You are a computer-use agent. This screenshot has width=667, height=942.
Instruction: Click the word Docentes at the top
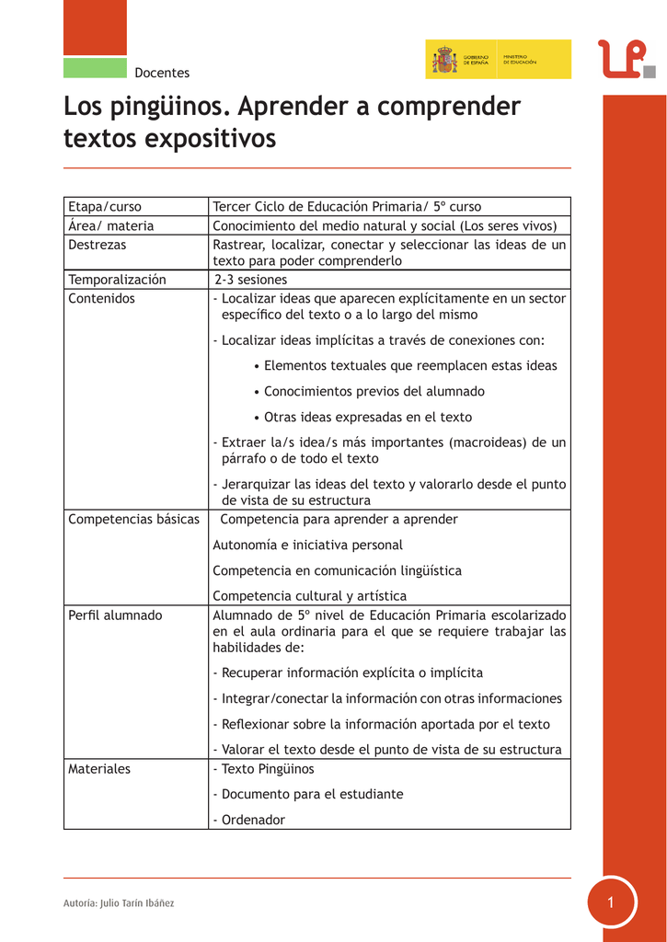pyautogui.click(x=162, y=73)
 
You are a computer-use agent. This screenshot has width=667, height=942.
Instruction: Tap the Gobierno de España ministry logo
pyautogui.click(x=498, y=60)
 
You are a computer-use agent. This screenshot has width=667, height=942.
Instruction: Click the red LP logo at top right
pyautogui.click(x=626, y=59)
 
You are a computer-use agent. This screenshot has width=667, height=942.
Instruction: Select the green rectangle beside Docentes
pyautogui.click(x=95, y=68)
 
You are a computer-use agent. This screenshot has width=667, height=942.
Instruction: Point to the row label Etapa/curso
pyautogui.click(x=105, y=206)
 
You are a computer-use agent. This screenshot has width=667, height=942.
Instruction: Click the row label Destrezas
pyautogui.click(x=98, y=245)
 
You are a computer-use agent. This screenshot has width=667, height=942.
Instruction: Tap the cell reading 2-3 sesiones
pyautogui.click(x=250, y=280)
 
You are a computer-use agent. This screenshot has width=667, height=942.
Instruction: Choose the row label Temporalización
pyautogui.click(x=117, y=280)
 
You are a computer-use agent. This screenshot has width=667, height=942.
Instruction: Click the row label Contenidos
pyautogui.click(x=101, y=298)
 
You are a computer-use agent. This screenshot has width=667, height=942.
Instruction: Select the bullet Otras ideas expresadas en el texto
pyautogui.click(x=367, y=417)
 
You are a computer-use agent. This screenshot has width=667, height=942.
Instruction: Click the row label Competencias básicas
pyautogui.click(x=133, y=519)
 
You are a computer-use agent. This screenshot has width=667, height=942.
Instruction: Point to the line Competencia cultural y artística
pyautogui.click(x=309, y=596)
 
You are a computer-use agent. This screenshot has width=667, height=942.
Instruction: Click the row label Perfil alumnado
pyautogui.click(x=115, y=615)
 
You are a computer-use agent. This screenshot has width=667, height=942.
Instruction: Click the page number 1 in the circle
pyautogui.click(x=610, y=902)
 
